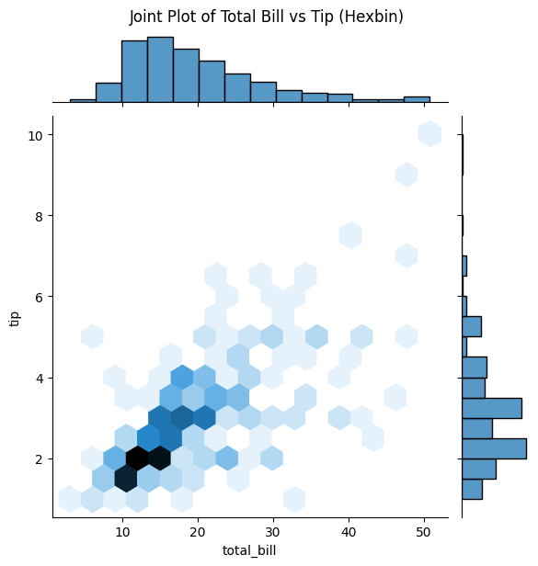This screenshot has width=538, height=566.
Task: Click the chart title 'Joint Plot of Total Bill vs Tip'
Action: click(266, 17)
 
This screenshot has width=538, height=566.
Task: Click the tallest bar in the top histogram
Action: click(160, 70)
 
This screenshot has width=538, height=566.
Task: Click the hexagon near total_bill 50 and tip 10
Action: click(429, 134)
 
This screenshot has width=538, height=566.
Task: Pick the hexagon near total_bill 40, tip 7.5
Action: click(350, 235)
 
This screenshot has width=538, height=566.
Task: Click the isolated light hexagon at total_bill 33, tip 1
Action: click(294, 499)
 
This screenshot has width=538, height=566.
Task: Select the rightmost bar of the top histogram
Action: click(417, 98)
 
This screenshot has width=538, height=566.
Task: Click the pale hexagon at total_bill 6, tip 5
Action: click(92, 336)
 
